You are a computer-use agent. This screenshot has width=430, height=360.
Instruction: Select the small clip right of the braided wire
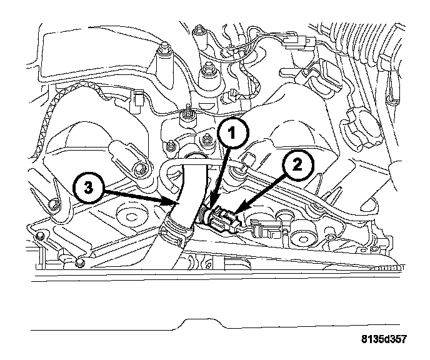coord(138,97)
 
